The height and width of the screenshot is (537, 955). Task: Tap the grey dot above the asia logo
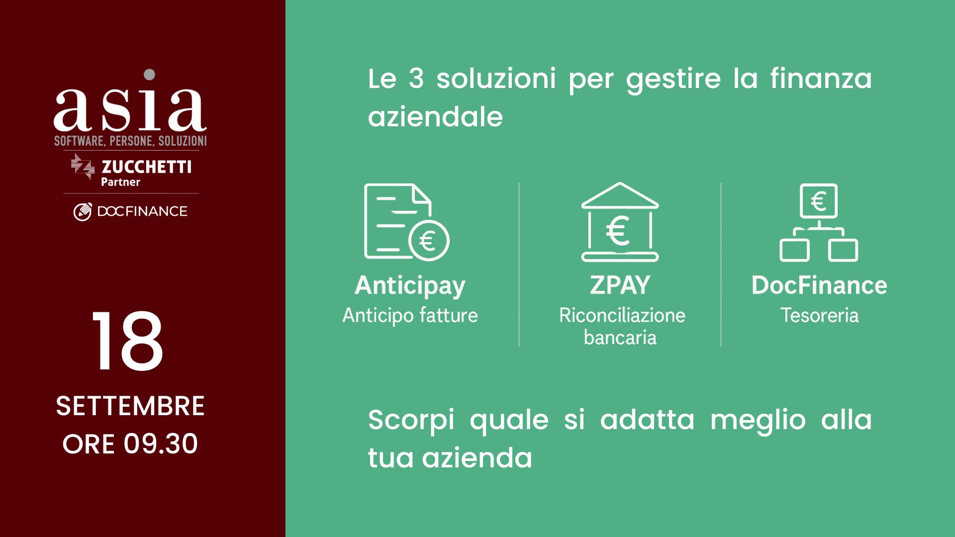(149, 75)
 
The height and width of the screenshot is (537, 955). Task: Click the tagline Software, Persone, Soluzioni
(130, 141)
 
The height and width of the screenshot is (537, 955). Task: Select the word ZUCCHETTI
(146, 167)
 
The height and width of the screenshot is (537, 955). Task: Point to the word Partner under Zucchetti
(120, 182)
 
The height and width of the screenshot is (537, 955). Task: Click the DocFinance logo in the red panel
(130, 211)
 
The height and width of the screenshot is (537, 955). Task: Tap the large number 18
(128, 341)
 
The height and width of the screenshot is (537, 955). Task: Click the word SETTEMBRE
(130, 406)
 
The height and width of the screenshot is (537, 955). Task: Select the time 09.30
(161, 444)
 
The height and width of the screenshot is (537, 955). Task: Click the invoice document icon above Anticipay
(406, 222)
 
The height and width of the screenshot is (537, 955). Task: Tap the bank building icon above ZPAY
(620, 222)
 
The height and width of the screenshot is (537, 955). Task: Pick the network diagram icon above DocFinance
(819, 222)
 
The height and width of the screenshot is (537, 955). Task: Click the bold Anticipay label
(410, 286)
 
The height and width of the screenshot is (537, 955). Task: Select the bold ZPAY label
(620, 285)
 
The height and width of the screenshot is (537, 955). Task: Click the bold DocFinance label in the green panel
(819, 285)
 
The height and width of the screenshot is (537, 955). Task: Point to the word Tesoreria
(819, 315)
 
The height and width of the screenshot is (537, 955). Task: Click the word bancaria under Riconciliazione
(620, 338)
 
